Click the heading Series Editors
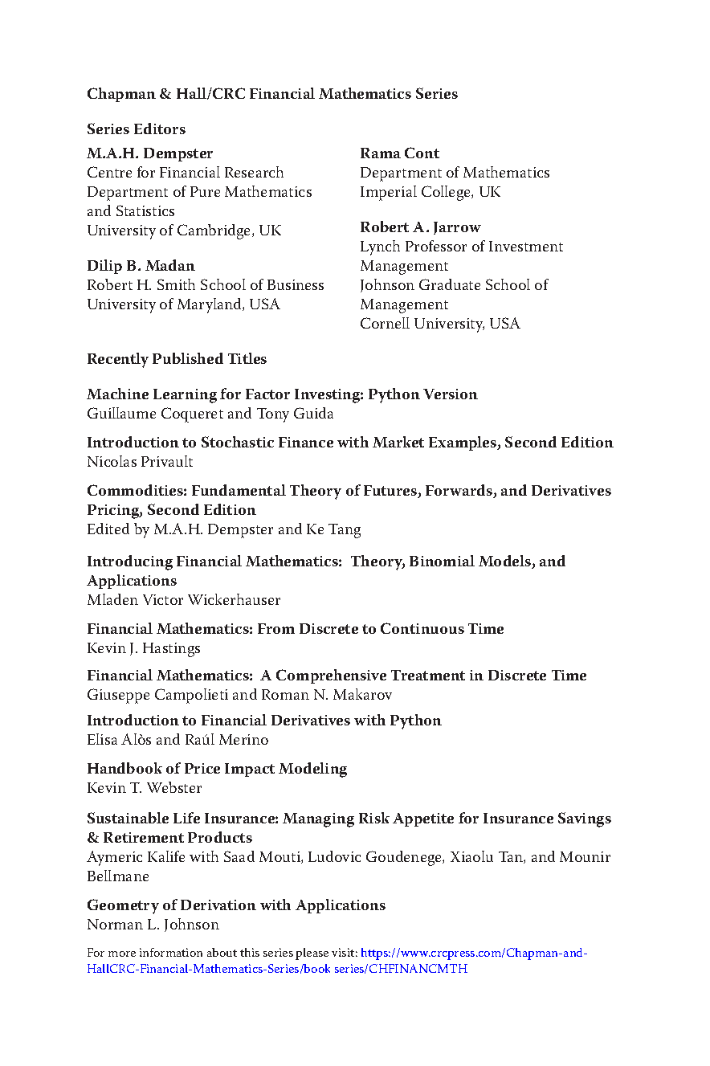(136, 129)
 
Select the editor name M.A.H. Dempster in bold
(149, 153)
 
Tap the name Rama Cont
(399, 153)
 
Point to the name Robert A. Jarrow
(420, 227)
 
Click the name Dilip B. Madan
(141, 266)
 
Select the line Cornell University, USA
(439, 324)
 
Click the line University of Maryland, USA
(183, 304)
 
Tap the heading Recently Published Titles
(177, 359)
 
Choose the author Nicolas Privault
(140, 462)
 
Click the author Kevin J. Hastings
(144, 648)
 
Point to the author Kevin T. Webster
(145, 788)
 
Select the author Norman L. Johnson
(153, 925)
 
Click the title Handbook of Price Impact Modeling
(217, 769)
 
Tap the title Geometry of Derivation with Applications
(236, 905)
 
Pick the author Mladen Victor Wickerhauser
(184, 600)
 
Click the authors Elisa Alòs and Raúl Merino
(177, 740)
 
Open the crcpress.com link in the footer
(474, 954)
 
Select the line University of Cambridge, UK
(184, 231)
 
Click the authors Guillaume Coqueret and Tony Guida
(210, 414)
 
